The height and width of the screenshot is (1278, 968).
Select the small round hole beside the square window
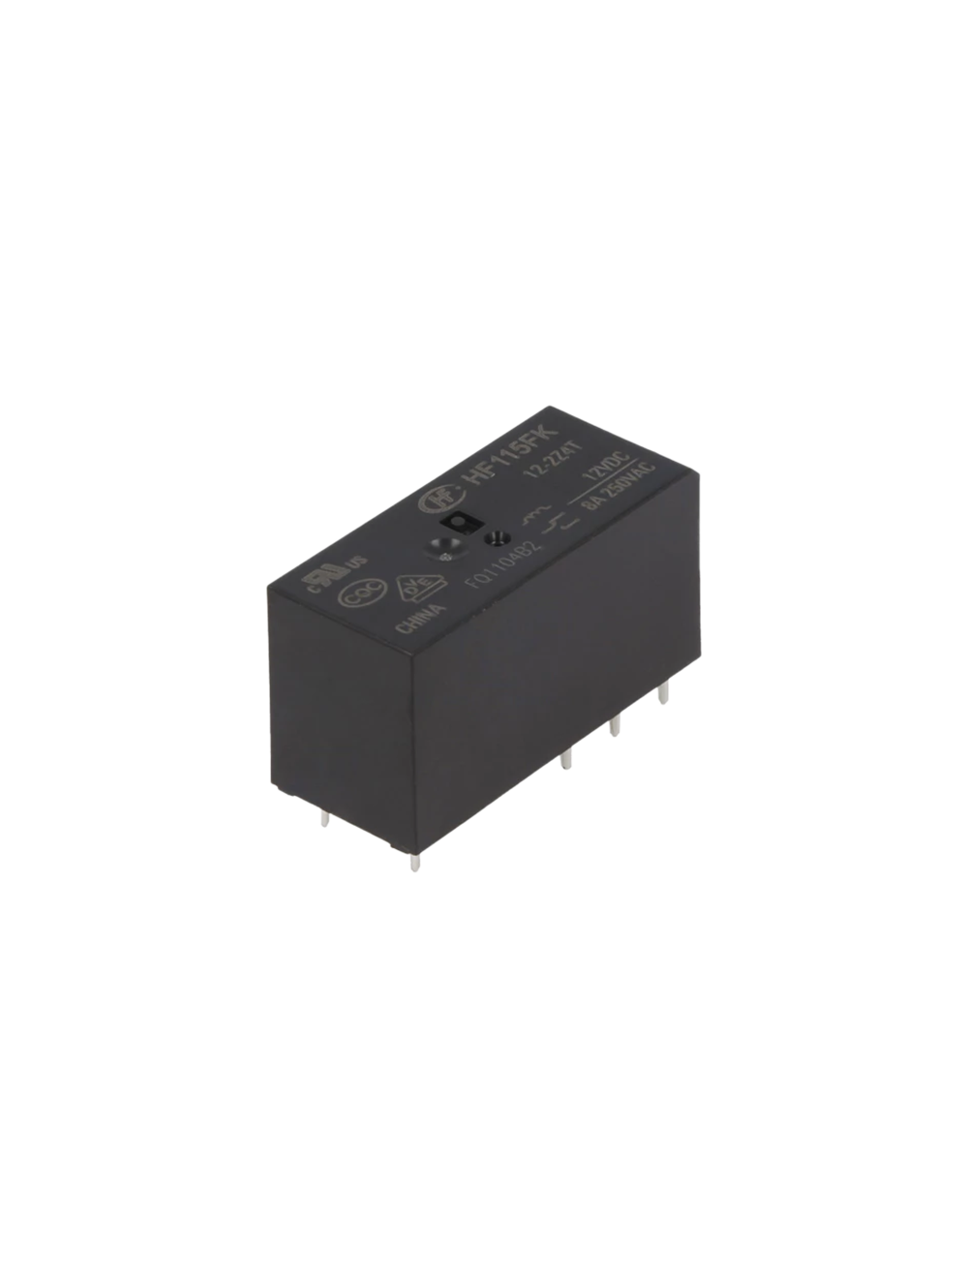[499, 537]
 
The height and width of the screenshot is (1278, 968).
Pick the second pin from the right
[615, 728]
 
